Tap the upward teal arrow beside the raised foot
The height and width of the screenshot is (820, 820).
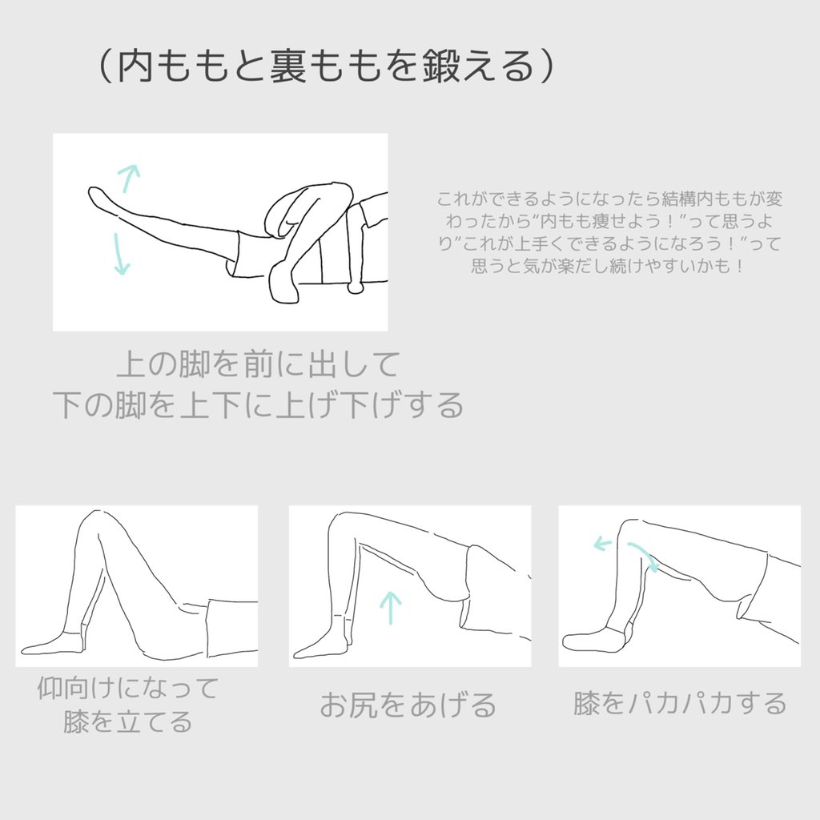(128, 177)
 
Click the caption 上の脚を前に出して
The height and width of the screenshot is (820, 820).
(258, 366)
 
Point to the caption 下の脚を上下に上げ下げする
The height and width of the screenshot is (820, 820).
(258, 405)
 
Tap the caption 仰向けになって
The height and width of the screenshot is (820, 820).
(127, 688)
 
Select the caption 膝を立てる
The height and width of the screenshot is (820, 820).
(127, 722)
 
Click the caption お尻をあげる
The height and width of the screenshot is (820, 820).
(408, 705)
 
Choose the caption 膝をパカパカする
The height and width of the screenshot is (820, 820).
(680, 704)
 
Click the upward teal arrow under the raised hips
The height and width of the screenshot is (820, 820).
(390, 607)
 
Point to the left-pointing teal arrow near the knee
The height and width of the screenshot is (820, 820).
(602, 544)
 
